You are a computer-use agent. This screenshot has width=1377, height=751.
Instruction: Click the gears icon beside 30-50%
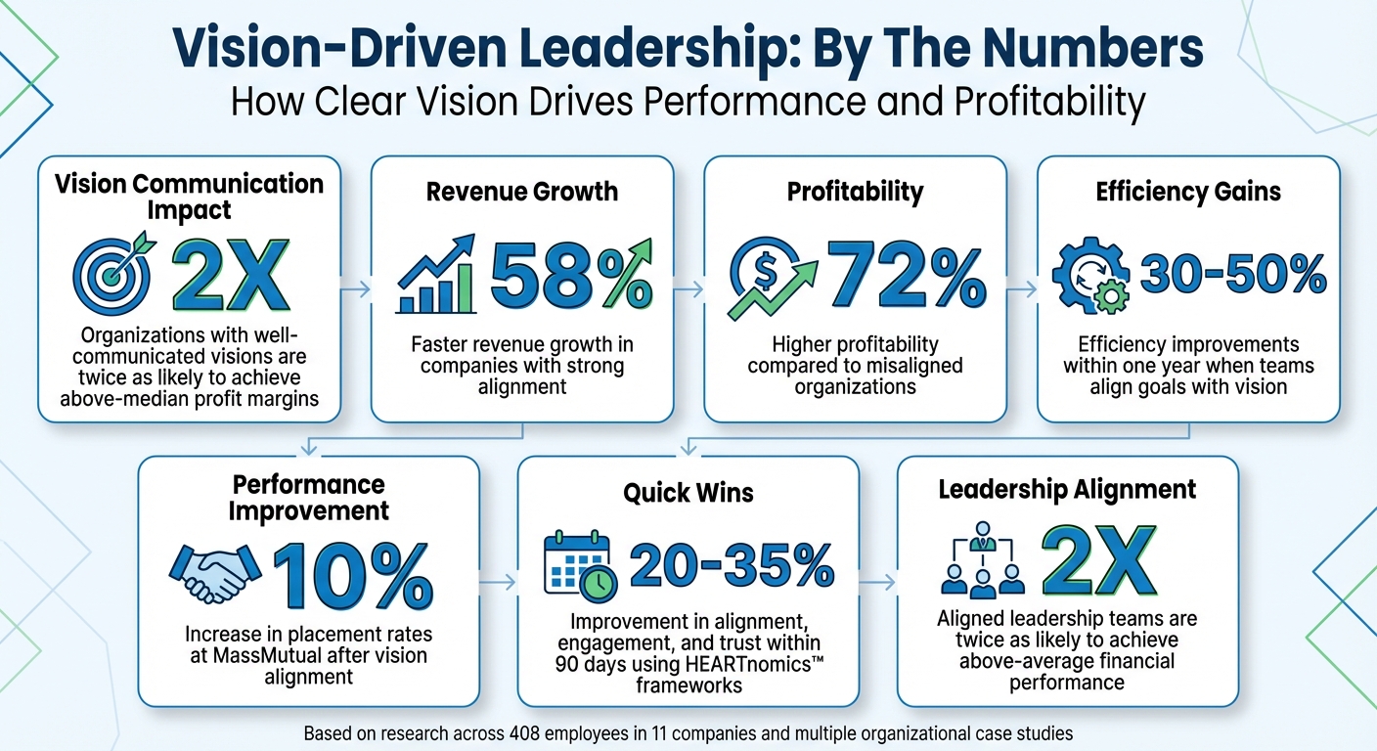(x=1088, y=278)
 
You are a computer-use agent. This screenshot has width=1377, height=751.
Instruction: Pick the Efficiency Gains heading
(x=1188, y=191)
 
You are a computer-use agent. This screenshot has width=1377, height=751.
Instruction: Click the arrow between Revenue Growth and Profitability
(x=688, y=287)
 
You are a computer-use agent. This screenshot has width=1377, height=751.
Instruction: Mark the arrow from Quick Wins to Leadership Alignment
(x=877, y=582)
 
